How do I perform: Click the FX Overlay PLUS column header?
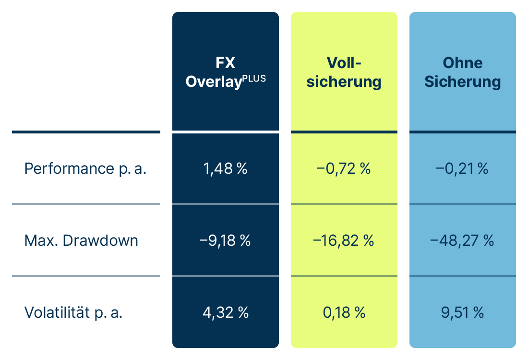click(x=226, y=72)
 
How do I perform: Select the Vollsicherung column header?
click(x=344, y=72)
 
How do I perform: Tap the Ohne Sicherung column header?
click(x=462, y=72)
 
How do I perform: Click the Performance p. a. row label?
click(x=85, y=169)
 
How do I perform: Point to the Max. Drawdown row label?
click(x=81, y=240)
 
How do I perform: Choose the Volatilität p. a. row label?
click(x=73, y=312)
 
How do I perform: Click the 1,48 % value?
click(x=225, y=169)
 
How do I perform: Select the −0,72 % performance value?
click(x=344, y=169)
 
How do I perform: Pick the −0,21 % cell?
click(x=462, y=169)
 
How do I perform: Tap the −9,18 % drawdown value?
click(x=225, y=240)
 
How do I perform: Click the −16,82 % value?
click(x=344, y=240)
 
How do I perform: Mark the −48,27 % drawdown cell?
click(x=462, y=240)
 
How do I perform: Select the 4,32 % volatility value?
click(x=225, y=312)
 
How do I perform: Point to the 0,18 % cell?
click(x=344, y=312)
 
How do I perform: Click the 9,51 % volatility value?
click(x=462, y=312)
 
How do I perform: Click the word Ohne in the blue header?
click(x=462, y=63)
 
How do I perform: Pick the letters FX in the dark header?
click(x=226, y=63)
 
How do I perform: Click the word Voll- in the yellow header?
click(x=344, y=63)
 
